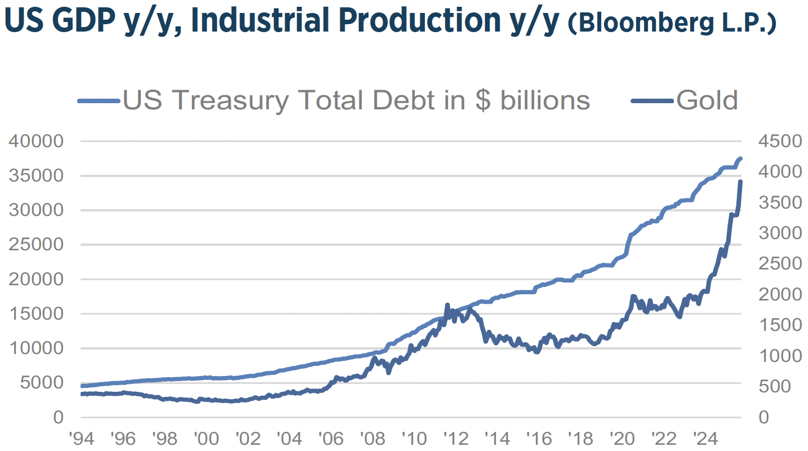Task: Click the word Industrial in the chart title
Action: click(253, 20)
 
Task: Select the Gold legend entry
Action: click(707, 100)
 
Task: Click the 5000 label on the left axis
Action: click(43, 383)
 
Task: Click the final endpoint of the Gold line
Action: click(740, 182)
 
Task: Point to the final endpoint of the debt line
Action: click(741, 159)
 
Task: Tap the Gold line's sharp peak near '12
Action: click(447, 305)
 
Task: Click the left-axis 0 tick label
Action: click(58, 417)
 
